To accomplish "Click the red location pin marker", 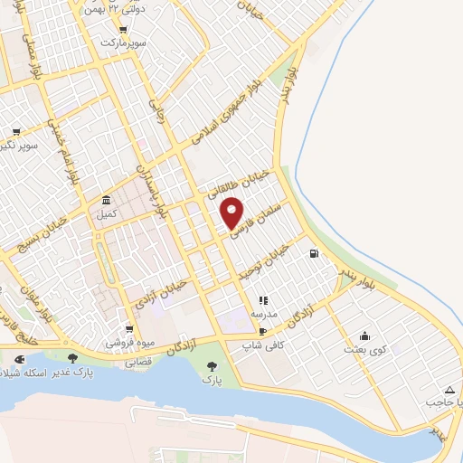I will pos(232,213).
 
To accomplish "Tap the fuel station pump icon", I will pos(314,254).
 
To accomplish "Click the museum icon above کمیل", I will pos(107,201).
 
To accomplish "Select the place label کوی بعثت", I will pos(364,349).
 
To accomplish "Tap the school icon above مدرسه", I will pos(263,300).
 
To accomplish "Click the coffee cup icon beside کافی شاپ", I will pos(262,331).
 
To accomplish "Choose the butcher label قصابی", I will pos(137,361).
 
